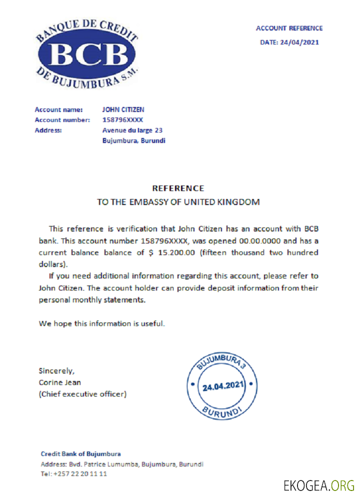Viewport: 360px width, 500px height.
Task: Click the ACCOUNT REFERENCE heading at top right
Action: click(289, 28)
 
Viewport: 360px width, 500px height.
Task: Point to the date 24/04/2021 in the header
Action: click(299, 42)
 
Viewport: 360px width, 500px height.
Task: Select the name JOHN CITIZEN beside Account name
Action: click(123, 109)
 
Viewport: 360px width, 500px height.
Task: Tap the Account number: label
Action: click(62, 120)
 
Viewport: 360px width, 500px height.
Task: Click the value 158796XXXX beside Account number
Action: click(122, 120)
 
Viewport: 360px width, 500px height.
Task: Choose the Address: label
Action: click(48, 130)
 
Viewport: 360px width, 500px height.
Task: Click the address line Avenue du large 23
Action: click(132, 130)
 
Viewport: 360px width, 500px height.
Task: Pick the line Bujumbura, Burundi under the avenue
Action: click(133, 141)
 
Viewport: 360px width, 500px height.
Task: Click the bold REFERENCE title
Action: click(178, 188)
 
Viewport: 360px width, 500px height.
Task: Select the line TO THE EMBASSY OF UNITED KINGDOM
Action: click(178, 202)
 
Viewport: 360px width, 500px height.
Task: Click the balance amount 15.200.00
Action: click(176, 253)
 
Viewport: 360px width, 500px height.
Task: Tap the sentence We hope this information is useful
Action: click(101, 323)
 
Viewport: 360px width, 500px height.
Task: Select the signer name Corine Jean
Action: click(60, 382)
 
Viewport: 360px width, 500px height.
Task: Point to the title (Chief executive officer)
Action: click(82, 394)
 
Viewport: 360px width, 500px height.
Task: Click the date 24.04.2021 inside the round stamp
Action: click(222, 386)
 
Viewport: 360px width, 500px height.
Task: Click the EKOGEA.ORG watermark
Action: click(318, 485)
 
